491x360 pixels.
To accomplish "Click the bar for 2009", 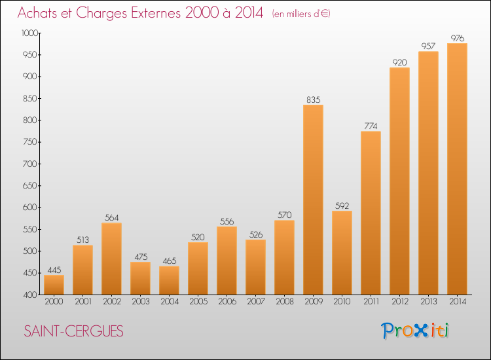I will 313,200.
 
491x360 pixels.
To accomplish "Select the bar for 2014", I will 457,169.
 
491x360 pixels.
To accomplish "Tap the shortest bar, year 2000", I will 54,285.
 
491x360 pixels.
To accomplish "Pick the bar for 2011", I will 371,213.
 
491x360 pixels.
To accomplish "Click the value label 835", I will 313,99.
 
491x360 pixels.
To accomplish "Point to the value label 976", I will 457,38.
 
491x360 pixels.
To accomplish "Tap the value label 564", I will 111,217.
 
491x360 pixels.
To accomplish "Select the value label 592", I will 342,206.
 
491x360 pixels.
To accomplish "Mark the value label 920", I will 399,62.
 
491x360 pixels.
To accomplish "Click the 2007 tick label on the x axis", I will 255,302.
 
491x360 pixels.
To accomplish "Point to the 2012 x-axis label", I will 399,302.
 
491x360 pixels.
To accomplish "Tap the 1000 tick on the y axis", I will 29,33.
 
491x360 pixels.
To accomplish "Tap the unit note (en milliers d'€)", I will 301,14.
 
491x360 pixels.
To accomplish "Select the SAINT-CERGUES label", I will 73,331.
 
